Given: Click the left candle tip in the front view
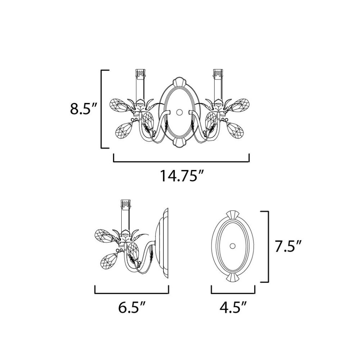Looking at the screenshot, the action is tap(141, 73).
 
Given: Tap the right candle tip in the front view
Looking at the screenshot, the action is tap(218, 73).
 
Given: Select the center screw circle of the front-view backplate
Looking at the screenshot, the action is tap(179, 112).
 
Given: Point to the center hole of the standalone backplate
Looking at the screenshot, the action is tap(233, 246).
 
